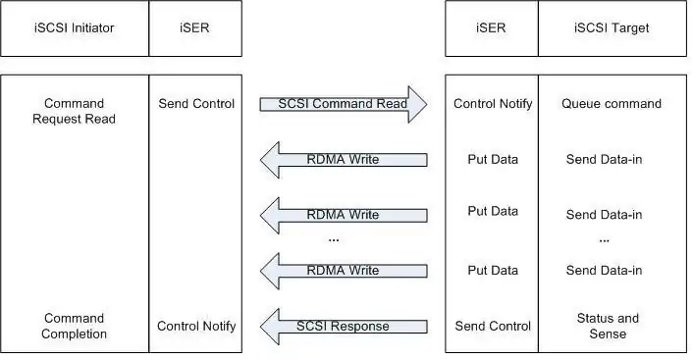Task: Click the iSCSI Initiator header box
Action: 75,28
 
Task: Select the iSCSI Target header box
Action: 613,28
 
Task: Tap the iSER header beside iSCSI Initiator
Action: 195,28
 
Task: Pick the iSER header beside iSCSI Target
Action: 492,28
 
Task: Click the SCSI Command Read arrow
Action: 344,104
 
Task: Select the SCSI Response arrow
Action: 344,327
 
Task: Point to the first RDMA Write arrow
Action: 344,160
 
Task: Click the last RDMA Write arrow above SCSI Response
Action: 344,271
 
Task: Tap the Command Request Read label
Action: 74,111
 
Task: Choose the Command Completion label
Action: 74,326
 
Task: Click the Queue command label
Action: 612,103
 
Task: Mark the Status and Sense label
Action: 608,326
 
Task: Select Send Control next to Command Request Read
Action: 196,103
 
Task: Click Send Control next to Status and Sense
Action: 493,326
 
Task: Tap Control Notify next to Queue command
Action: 493,103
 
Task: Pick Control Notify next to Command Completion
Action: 196,326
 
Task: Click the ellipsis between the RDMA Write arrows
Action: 334,240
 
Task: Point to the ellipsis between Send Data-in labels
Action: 604,241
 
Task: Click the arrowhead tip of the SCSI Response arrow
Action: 260,327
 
